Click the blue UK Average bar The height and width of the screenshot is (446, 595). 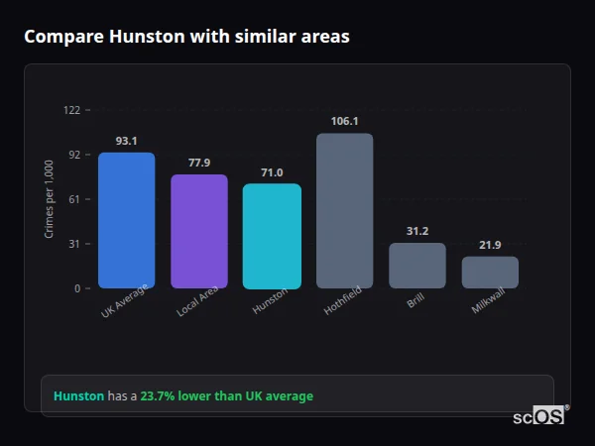pos(126,220)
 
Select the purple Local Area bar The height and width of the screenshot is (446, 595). pos(198,231)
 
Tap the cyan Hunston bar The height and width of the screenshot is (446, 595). pos(272,236)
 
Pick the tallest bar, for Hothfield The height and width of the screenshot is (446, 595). pos(344,210)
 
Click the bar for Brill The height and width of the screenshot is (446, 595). pos(416,266)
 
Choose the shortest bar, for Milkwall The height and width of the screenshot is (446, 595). pos(490,273)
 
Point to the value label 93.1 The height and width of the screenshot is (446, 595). pos(126,141)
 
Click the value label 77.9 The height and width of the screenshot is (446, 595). pos(198,163)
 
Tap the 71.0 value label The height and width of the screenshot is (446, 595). pos(272,172)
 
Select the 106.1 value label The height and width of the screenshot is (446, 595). pos(344,121)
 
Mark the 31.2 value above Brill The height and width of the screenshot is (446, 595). pos(416,231)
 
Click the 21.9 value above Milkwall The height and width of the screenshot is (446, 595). pos(490,245)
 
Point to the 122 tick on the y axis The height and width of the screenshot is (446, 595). pos(71,110)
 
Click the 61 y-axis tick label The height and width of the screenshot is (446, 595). pos(74,199)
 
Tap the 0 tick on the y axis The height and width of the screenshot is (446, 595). pos(77,288)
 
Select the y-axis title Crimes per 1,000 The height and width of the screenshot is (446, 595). pos(50,199)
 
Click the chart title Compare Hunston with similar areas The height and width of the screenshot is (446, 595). pos(186,37)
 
